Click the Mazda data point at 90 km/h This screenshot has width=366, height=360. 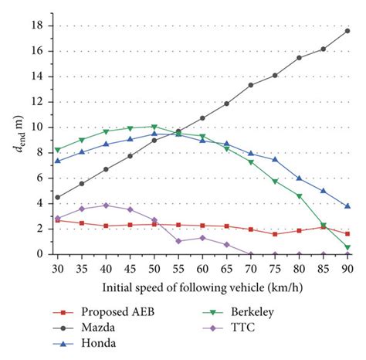347,31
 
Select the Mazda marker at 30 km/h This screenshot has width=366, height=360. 58,197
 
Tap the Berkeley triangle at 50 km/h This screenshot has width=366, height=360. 154,127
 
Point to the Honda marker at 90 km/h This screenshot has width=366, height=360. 347,206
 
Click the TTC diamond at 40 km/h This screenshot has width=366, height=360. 106,205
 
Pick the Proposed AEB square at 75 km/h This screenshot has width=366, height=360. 275,234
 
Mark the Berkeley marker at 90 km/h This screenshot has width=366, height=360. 347,247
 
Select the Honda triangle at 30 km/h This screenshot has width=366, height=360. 58,161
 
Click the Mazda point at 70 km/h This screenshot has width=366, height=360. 251,85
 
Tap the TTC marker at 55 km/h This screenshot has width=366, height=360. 178,241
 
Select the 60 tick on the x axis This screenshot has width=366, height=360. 202,267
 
